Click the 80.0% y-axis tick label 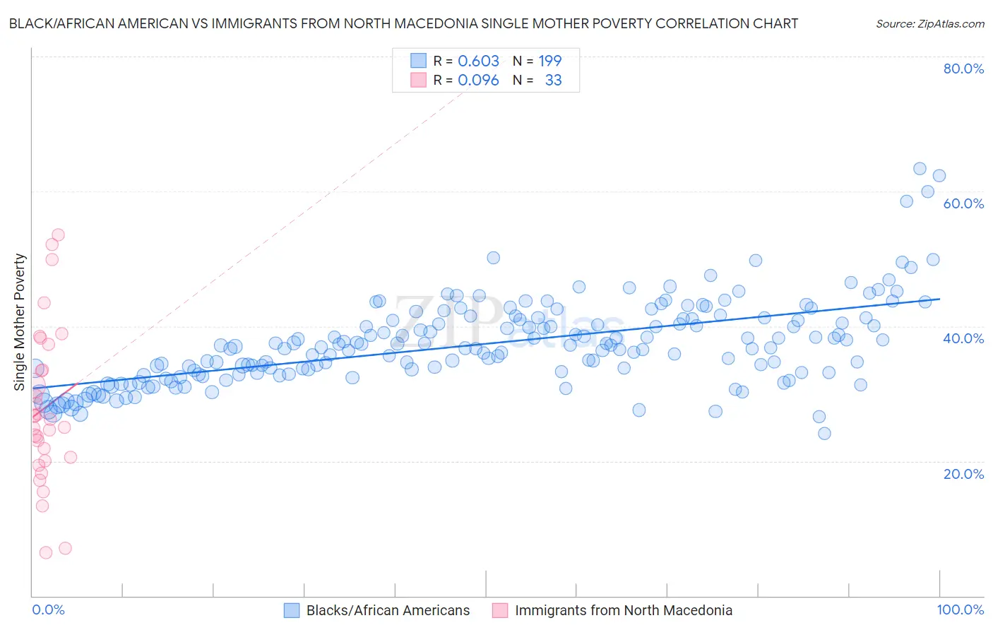pos(963,69)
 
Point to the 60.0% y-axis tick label pos(963,203)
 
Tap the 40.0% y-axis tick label pos(963,338)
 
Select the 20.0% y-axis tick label pos(963,473)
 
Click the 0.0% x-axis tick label pos(48,610)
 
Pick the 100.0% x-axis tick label pos(960,610)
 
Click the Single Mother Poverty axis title pos(20,322)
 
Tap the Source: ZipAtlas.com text pos(929,24)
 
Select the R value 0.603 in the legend pos(478,61)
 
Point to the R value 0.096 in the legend pos(478,81)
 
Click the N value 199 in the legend pos(550,61)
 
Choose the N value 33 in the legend pos(553,81)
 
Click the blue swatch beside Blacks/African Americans pos(292,611)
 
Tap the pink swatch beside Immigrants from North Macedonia pos(500,611)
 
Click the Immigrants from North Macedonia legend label pos(624,611)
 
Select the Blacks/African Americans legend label pos(388,611)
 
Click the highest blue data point pos(920,169)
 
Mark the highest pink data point pos(59,234)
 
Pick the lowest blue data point pos(824,434)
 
